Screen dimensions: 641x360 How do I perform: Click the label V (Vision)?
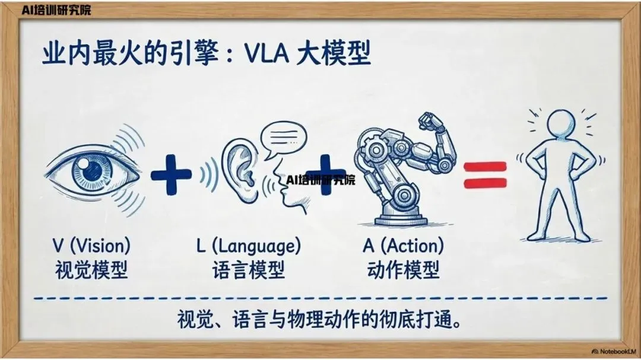pos(91,245)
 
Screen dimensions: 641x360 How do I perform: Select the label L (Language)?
pos(248,245)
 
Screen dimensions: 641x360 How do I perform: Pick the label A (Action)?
pos(403,245)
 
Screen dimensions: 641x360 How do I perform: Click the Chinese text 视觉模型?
pos(91,270)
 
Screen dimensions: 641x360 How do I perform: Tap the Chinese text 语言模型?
pos(248,270)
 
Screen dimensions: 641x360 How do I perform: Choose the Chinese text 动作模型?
pos(403,270)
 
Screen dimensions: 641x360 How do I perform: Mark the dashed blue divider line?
pos(320,298)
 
